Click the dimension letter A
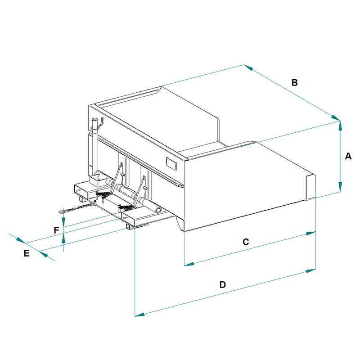click(x=348, y=156)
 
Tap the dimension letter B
click(x=295, y=82)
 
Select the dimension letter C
click(x=246, y=242)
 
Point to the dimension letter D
click(x=222, y=284)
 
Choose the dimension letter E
click(x=27, y=253)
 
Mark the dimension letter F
click(x=56, y=230)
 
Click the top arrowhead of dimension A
click(x=340, y=126)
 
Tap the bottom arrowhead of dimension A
click(x=340, y=187)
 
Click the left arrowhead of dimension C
click(x=189, y=264)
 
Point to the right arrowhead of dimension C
click(x=311, y=234)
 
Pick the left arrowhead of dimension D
click(x=139, y=314)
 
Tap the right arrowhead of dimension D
click(x=311, y=271)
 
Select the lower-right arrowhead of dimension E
click(x=44, y=254)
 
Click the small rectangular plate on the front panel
click(x=171, y=164)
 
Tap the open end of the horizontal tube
click(x=158, y=210)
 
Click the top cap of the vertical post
click(x=94, y=120)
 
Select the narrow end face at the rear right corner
click(x=311, y=187)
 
